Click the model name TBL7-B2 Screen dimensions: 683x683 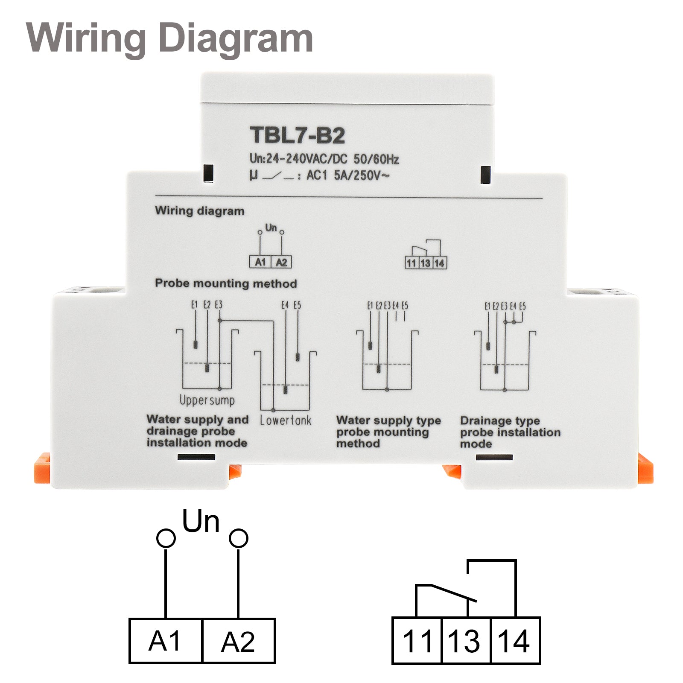click(x=297, y=135)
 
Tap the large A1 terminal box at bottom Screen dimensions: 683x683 click(x=166, y=641)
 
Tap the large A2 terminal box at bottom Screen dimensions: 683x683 click(x=238, y=642)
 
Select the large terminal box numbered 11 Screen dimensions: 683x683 click(x=417, y=641)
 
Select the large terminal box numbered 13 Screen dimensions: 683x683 click(x=466, y=641)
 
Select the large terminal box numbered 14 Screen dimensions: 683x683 click(x=516, y=641)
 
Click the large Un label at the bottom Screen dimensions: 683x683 click(x=201, y=522)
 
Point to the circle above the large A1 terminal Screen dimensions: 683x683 click(x=166, y=538)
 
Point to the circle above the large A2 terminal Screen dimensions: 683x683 click(x=238, y=538)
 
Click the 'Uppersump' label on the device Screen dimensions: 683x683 click(x=207, y=400)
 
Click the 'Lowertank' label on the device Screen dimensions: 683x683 click(x=286, y=420)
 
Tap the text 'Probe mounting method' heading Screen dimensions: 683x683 click(x=225, y=283)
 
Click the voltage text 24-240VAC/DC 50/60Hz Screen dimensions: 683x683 click(x=324, y=159)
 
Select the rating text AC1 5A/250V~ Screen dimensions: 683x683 click(x=347, y=175)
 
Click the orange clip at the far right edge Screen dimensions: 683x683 click(x=645, y=469)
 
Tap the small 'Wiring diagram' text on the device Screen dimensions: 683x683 click(x=199, y=211)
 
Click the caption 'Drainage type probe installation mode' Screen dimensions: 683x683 click(x=510, y=432)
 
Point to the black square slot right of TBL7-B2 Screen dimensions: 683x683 click(x=485, y=175)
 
